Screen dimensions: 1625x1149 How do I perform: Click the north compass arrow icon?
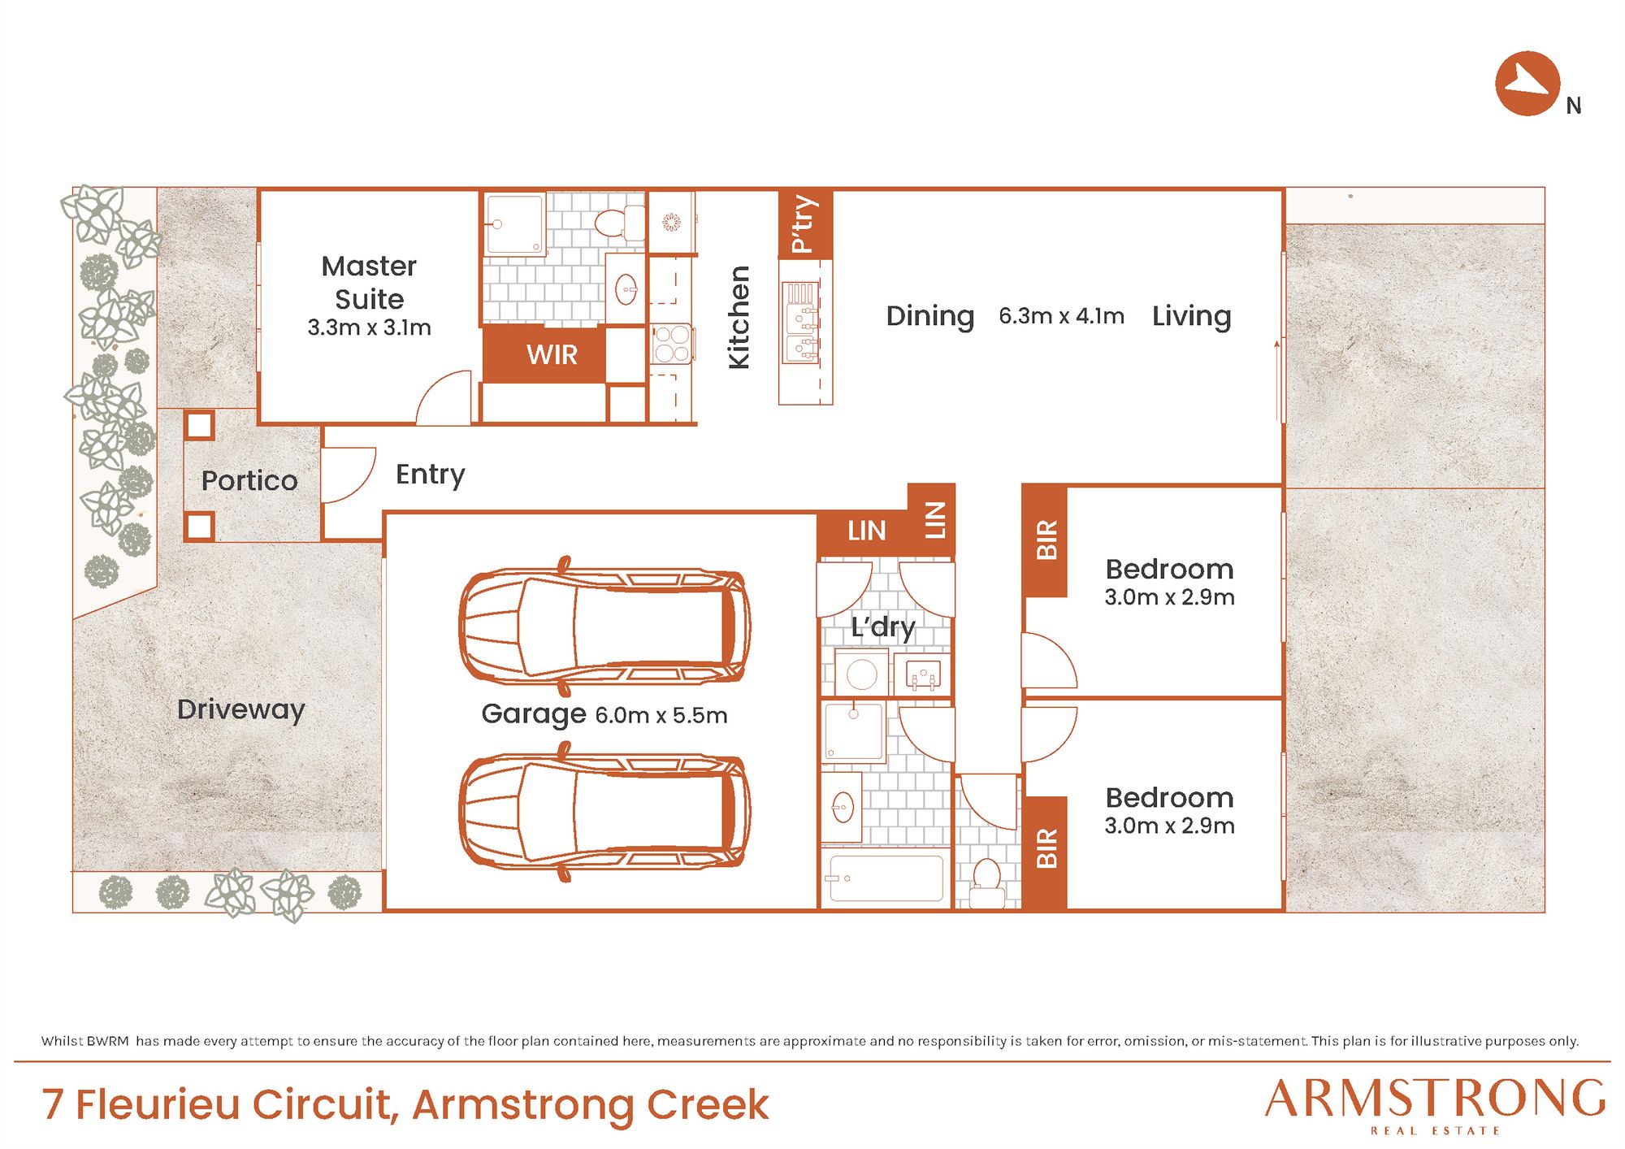point(1527,84)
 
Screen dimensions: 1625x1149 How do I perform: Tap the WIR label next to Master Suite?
point(552,354)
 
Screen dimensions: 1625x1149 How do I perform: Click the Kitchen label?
point(739,317)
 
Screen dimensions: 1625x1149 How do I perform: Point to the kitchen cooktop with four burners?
point(671,344)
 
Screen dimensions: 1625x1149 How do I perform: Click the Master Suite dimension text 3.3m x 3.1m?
point(369,327)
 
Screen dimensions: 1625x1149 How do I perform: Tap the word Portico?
point(249,480)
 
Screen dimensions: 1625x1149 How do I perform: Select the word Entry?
point(430,475)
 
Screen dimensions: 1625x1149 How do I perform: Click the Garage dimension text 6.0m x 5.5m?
point(661,715)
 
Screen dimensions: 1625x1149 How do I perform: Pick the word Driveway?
point(241,709)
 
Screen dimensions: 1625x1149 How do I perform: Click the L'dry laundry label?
point(883,627)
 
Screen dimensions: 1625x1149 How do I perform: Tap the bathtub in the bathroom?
point(885,878)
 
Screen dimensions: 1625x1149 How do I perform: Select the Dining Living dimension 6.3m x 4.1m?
point(1061,315)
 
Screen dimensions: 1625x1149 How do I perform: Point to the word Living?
point(1191,316)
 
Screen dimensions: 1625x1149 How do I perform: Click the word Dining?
point(929,316)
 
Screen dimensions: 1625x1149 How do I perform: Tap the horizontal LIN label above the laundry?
point(866,531)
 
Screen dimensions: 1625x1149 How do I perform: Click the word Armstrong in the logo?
point(1435,1099)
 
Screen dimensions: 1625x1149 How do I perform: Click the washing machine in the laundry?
point(861,674)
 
